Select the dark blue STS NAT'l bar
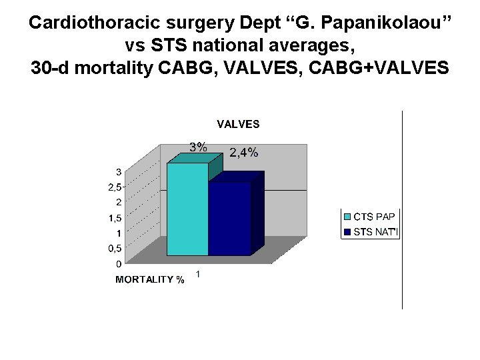click(229, 218)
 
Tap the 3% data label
click(198, 147)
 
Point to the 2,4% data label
click(243, 153)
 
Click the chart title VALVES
click(238, 124)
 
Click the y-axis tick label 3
click(118, 171)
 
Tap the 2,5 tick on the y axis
click(115, 187)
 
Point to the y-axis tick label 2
click(118, 202)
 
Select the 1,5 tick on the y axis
click(115, 218)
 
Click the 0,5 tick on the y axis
click(115, 249)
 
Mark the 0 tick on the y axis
click(118, 264)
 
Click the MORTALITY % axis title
click(150, 279)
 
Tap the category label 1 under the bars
click(198, 274)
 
